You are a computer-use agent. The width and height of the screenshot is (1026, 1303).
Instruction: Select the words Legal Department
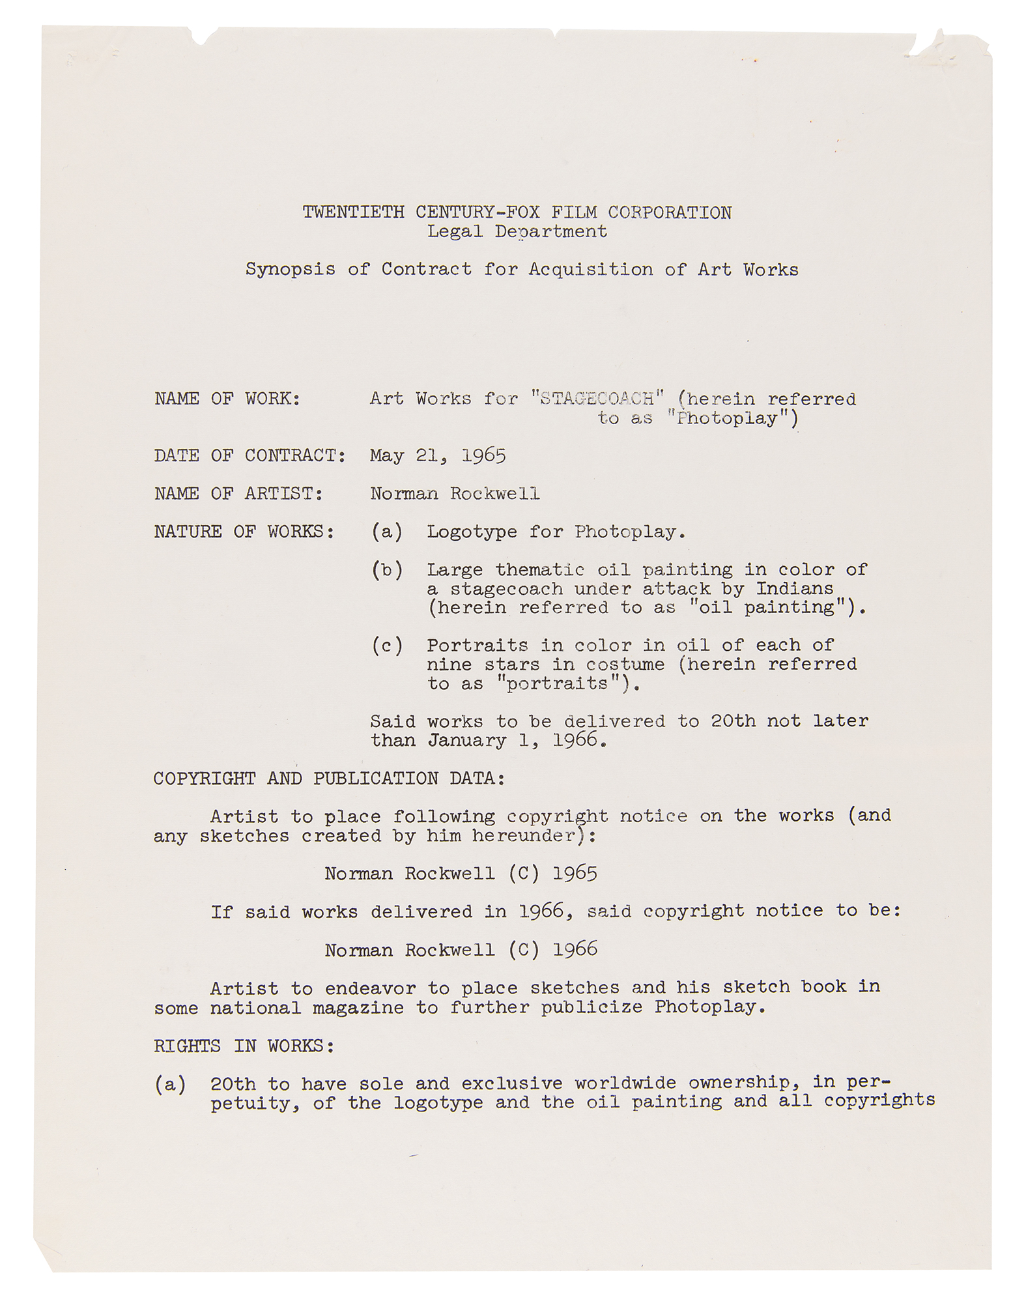[x=517, y=231]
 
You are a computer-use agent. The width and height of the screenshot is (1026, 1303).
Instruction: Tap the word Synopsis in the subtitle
[x=290, y=269]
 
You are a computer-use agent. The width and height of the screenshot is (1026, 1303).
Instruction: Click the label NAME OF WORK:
[x=227, y=398]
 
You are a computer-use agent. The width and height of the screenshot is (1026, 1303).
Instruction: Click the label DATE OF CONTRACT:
[x=249, y=455]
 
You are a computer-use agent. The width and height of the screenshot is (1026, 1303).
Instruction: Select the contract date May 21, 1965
[x=438, y=455]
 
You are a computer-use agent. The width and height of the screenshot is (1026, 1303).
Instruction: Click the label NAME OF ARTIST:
[x=238, y=494]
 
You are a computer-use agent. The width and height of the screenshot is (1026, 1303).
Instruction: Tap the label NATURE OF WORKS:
[x=244, y=532]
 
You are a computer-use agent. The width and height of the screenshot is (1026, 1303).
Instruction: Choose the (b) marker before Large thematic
[x=387, y=570]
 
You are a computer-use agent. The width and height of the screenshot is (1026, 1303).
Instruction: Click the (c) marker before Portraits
[x=387, y=646]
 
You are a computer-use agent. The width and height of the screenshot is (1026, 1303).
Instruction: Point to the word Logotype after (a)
[x=472, y=532]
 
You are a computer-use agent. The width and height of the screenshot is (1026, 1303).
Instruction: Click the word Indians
[x=795, y=589]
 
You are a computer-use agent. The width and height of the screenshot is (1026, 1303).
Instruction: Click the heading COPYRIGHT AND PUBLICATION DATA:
[x=329, y=779]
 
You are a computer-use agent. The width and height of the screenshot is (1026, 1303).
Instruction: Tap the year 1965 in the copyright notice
[x=575, y=874]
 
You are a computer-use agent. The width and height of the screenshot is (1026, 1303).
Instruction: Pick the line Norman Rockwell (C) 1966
[x=461, y=950]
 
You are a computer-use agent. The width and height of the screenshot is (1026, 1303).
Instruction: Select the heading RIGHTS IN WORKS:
[x=244, y=1046]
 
